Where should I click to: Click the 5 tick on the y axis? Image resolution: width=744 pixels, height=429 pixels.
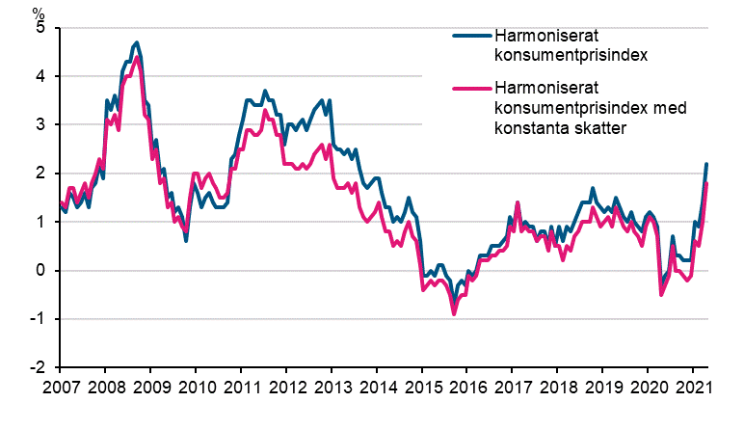(41, 28)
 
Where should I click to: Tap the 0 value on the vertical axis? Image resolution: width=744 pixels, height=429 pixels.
(41, 271)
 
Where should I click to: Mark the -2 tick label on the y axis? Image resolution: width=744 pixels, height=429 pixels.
(38, 368)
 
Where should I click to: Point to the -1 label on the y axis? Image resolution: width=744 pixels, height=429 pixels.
(38, 320)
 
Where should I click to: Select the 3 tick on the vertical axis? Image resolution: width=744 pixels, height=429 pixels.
(41, 125)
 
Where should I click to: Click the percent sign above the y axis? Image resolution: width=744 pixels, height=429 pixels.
(38, 12)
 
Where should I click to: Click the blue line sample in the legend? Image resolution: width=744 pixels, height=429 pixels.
(472, 38)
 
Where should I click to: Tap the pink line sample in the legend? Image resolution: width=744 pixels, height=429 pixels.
(472, 90)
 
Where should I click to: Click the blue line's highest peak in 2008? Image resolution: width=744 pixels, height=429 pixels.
(137, 42)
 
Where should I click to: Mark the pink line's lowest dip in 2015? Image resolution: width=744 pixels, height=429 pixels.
(454, 313)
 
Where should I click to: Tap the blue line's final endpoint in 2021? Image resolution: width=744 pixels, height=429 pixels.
(706, 164)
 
